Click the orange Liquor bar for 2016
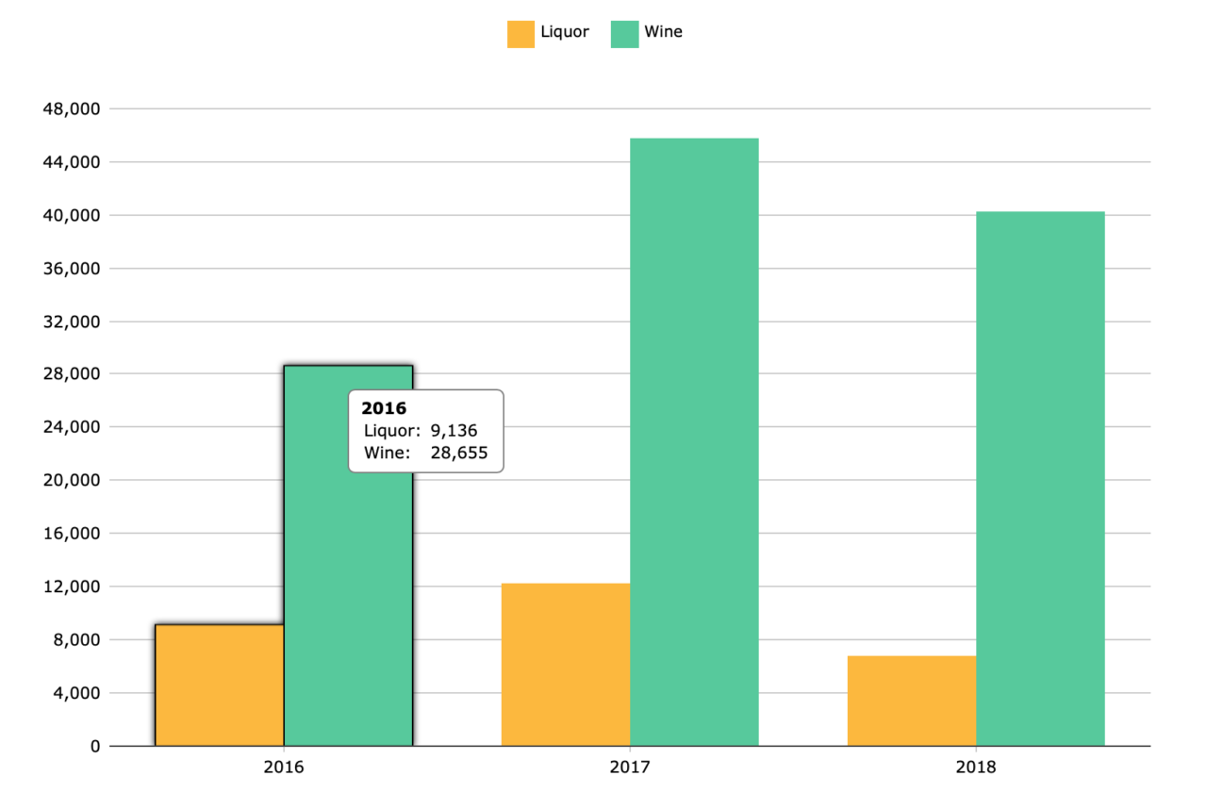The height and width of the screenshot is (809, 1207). point(219,685)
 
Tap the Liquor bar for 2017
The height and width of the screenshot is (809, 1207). point(565,664)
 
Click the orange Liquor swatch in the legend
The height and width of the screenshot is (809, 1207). point(521,33)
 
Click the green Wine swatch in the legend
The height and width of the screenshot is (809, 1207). point(624,33)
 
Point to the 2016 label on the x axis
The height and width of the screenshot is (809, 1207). point(284,768)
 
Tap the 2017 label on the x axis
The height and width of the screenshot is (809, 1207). point(630,768)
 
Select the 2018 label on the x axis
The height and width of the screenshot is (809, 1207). point(976,768)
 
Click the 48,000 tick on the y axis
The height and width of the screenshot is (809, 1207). point(72,109)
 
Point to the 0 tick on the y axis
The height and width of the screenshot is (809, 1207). point(94,746)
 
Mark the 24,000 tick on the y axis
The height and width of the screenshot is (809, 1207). point(72,427)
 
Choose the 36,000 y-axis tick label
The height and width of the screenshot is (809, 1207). point(72,269)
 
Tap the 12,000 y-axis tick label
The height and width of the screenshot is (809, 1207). point(72,586)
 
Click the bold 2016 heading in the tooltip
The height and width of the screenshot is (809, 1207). point(384,408)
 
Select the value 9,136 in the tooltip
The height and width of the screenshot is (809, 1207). point(454,431)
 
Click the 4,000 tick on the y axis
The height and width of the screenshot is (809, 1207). point(75,693)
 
